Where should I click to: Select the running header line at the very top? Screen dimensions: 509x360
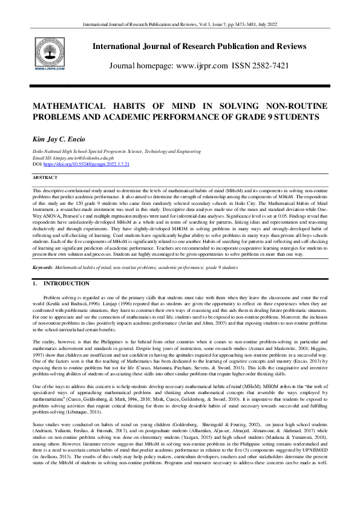(x=180, y=24)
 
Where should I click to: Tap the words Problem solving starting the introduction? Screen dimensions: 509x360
(x=59, y=298)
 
